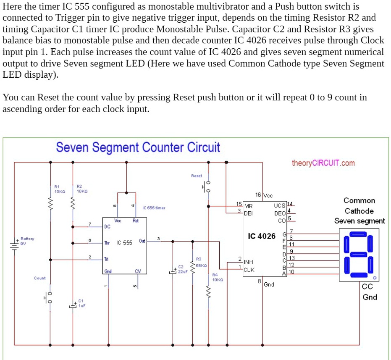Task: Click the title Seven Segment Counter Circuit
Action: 138,148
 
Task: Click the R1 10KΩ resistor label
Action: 59,189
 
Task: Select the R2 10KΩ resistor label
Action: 81,189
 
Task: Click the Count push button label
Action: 40,278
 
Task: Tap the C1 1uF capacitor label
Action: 81,303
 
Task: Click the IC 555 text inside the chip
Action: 124,243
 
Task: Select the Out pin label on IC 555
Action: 142,241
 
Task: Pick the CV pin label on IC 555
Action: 137,271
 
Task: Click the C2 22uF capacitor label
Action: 181,269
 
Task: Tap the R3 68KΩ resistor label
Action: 201,263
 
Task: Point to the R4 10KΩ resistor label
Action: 217,277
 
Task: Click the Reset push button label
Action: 196,176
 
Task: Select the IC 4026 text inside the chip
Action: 261,236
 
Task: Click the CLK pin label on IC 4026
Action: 249,270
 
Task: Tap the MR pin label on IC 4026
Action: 248,206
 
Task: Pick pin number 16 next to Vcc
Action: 259,195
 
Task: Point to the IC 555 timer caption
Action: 154,208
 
